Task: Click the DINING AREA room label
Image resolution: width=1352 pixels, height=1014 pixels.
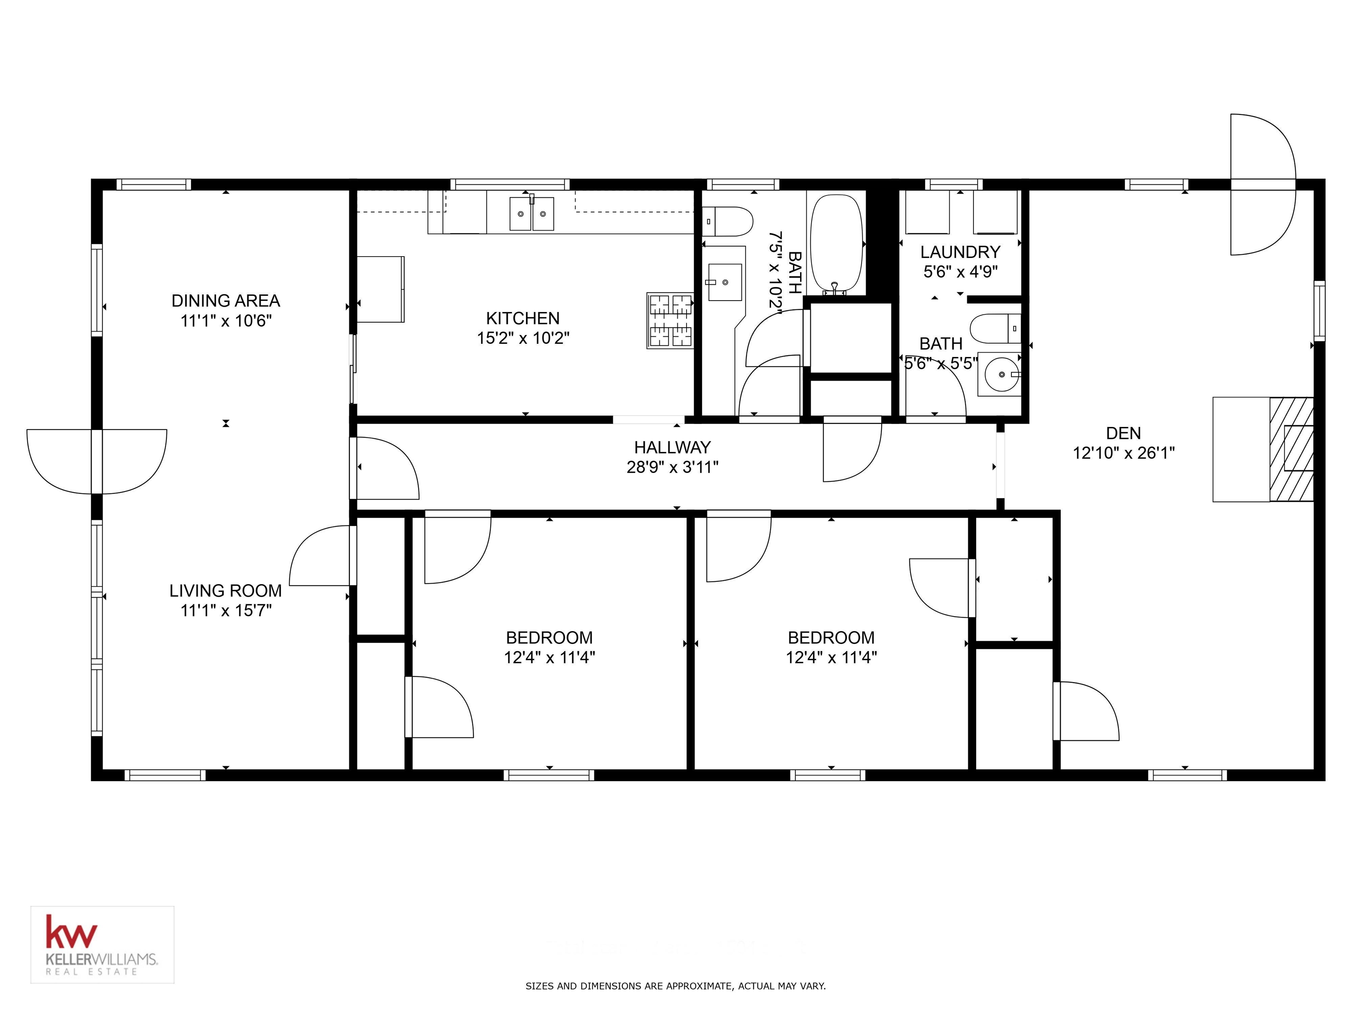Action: point(225,301)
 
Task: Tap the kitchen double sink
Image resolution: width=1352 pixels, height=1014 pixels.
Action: point(531,214)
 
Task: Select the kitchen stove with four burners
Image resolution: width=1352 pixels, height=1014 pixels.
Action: point(670,320)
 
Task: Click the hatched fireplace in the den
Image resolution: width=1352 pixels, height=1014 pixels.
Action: point(1291,449)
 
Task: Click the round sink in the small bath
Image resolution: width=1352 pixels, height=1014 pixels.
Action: point(1000,374)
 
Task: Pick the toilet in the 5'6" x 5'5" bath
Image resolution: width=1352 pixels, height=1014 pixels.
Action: point(995,328)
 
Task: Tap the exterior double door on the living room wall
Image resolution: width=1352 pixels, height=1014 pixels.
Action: point(96,462)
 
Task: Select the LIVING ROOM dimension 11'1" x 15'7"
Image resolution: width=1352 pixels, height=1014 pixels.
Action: point(225,610)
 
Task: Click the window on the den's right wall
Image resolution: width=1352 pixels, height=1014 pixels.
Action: point(1319,311)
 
